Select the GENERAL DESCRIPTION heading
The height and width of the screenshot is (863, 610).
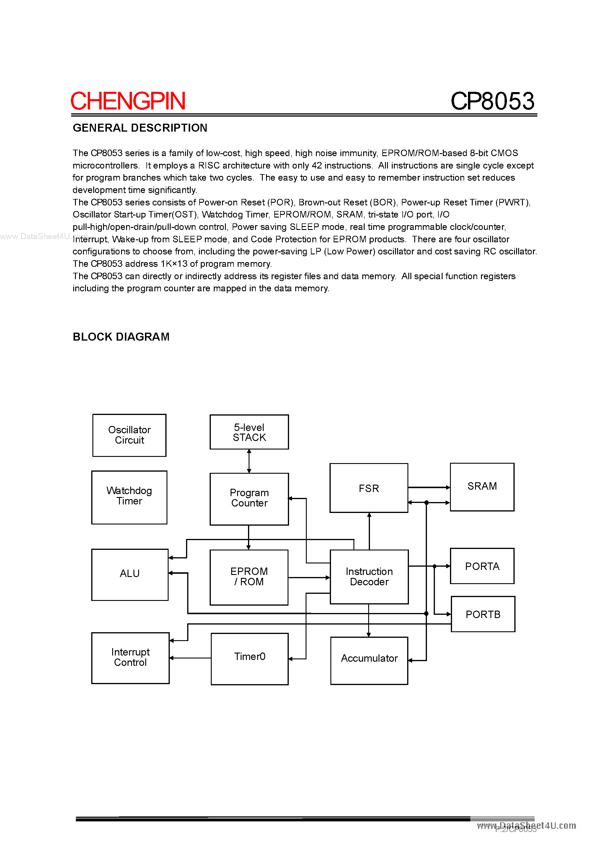pyautogui.click(x=140, y=128)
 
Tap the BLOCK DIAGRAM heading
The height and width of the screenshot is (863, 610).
pyautogui.click(x=121, y=336)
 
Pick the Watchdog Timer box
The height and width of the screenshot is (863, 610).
pyautogui.click(x=129, y=497)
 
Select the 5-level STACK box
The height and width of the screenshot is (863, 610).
pyautogui.click(x=249, y=432)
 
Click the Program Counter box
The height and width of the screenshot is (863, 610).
pyautogui.click(x=249, y=498)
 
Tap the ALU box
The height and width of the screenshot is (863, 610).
pyautogui.click(x=130, y=574)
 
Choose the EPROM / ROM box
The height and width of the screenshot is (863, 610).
pyautogui.click(x=249, y=577)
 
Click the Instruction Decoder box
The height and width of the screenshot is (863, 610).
pyautogui.click(x=369, y=577)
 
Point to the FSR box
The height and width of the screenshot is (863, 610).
pyautogui.click(x=368, y=488)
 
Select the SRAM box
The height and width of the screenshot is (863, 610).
pyautogui.click(x=482, y=487)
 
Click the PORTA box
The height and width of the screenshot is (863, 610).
pyautogui.click(x=482, y=566)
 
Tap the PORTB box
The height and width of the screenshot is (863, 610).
pyautogui.click(x=483, y=614)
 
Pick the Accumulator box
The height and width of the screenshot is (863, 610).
pyautogui.click(x=369, y=661)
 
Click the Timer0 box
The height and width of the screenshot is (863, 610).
pyautogui.click(x=249, y=658)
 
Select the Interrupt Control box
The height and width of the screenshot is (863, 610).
pyautogui.click(x=130, y=658)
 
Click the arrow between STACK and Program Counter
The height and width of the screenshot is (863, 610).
pyautogui.click(x=249, y=461)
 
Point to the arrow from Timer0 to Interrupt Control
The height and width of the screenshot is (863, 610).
pyautogui.click(x=190, y=658)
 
